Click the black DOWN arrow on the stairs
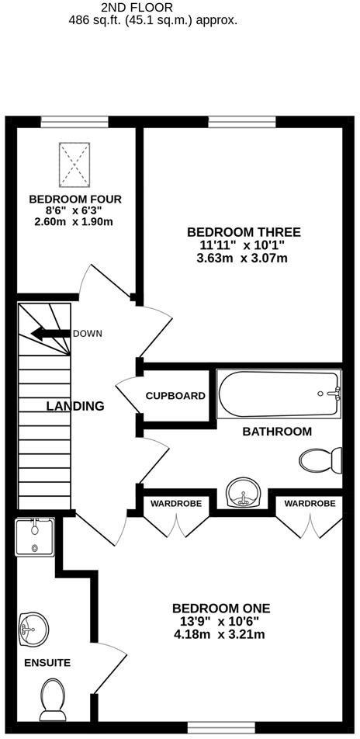pos(49,335)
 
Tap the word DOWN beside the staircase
pos(87,334)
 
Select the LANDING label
pos(75,406)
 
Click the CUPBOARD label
pos(176,396)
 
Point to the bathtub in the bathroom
pos(279,394)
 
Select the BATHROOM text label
pos(277,432)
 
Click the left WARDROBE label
pos(176,504)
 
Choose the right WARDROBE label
pos(310,504)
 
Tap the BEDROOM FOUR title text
pos(75,199)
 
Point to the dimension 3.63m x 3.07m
pos(243,258)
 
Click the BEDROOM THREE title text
pos(243,232)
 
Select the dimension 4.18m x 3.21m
pos(220,634)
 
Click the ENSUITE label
pos(47,663)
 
